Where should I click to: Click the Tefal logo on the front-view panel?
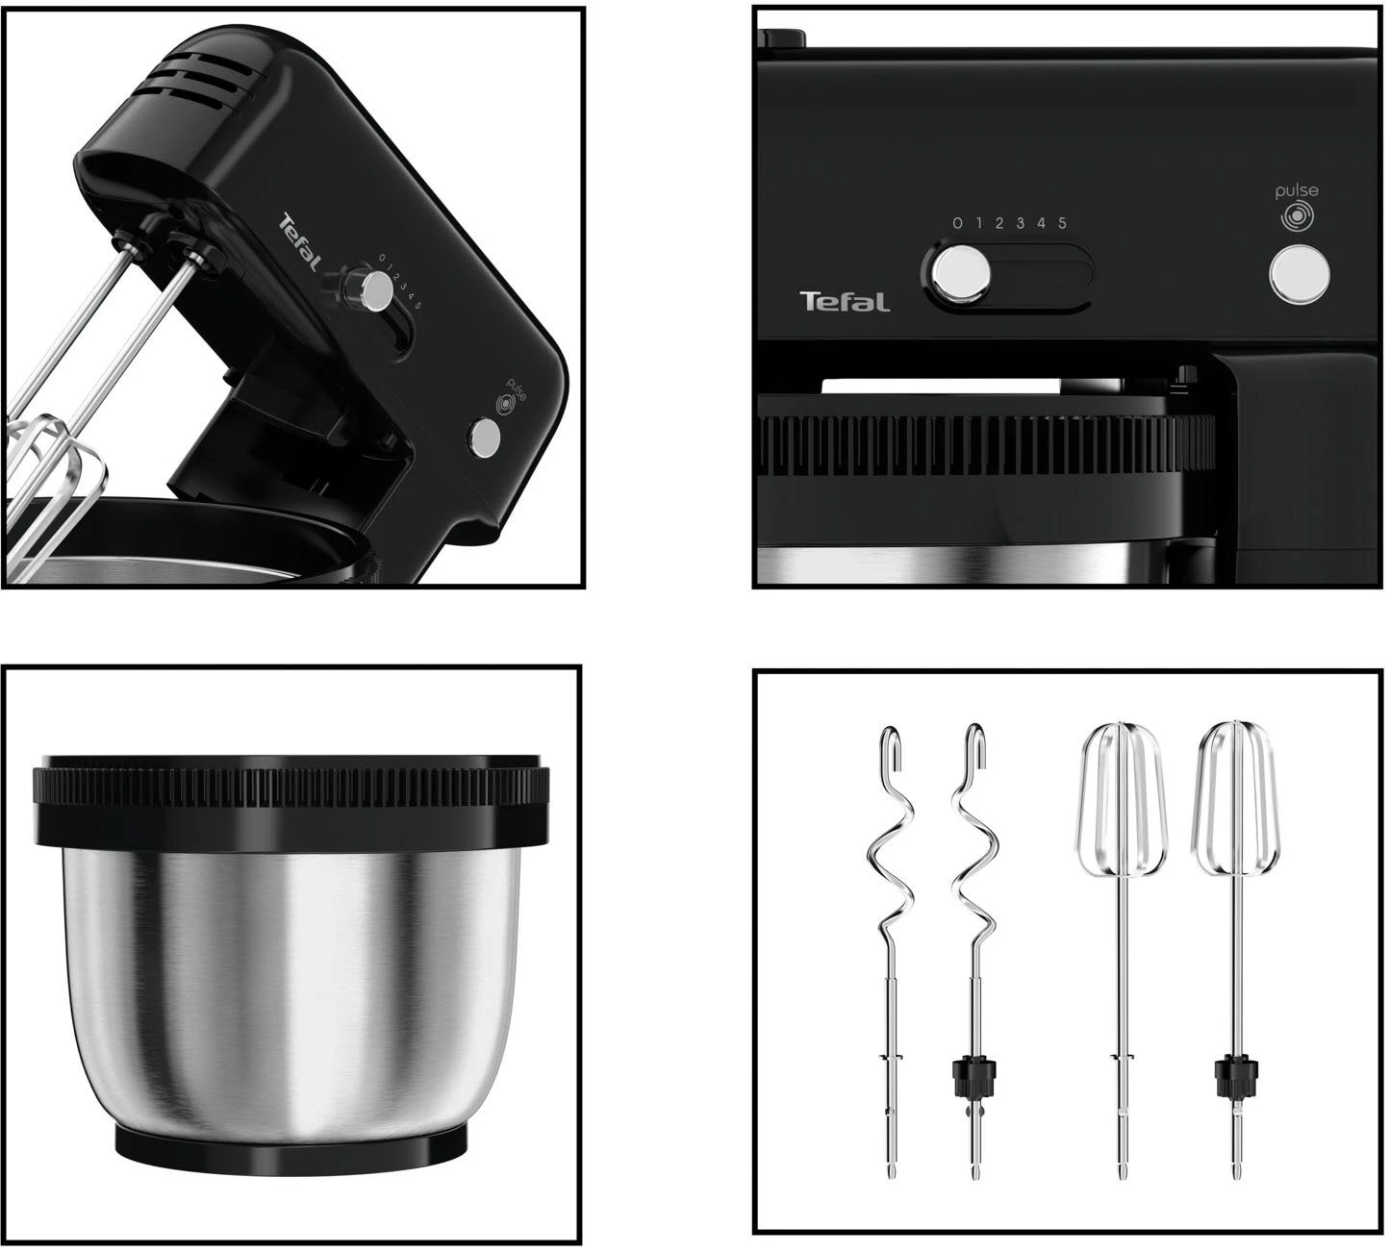point(845,302)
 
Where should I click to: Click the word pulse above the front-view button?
point(1297,190)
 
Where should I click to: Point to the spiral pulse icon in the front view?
point(1298,217)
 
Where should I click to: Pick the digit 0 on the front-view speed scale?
point(957,223)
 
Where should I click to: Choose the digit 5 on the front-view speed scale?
point(1062,223)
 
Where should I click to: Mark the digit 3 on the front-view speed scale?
point(1020,223)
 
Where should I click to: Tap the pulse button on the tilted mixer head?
point(484,437)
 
